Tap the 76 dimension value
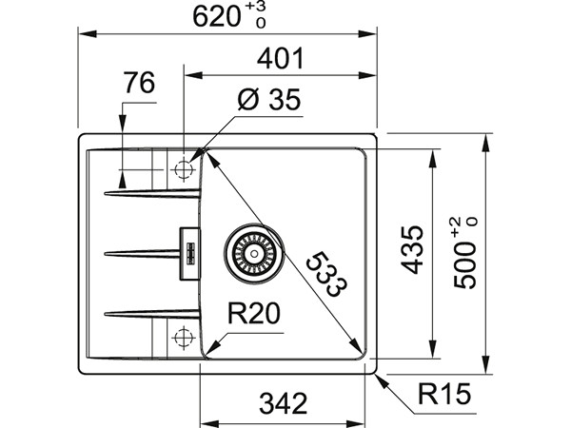pos(138,84)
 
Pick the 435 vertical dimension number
pos(411,250)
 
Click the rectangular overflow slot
pos(188,252)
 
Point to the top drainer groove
pos(152,194)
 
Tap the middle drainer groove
pos(143,253)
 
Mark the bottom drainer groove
pos(152,312)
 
